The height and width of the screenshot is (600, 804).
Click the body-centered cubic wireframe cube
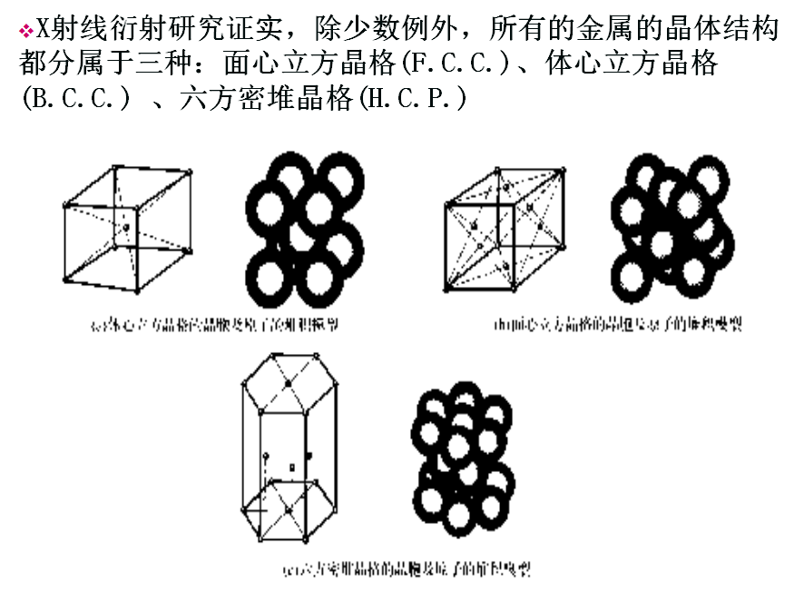point(128,227)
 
